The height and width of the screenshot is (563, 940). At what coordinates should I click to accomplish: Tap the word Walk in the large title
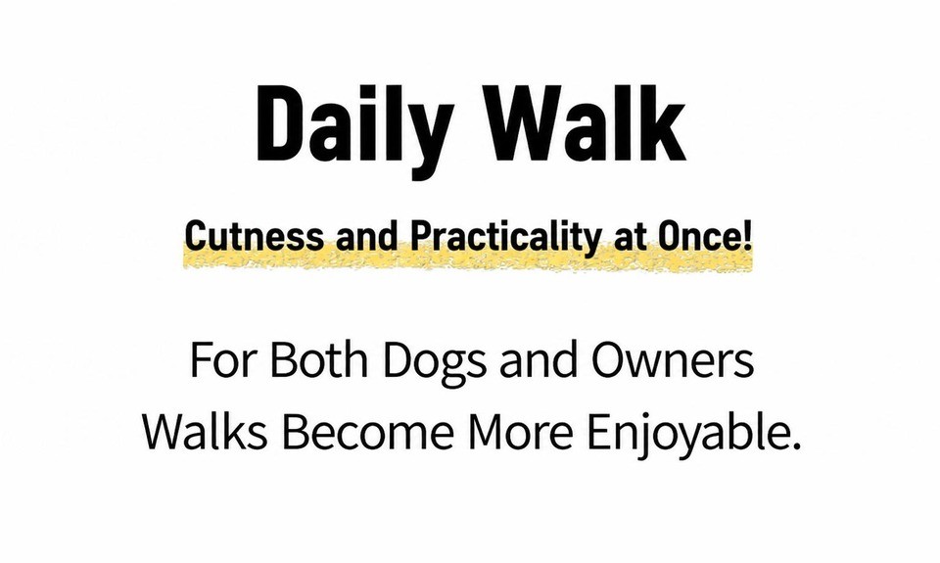tap(588, 123)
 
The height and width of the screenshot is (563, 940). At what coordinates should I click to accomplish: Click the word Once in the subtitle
tap(698, 237)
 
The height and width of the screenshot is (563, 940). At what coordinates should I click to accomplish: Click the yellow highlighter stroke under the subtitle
tap(468, 259)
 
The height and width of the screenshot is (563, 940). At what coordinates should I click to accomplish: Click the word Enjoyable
tap(686, 434)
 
